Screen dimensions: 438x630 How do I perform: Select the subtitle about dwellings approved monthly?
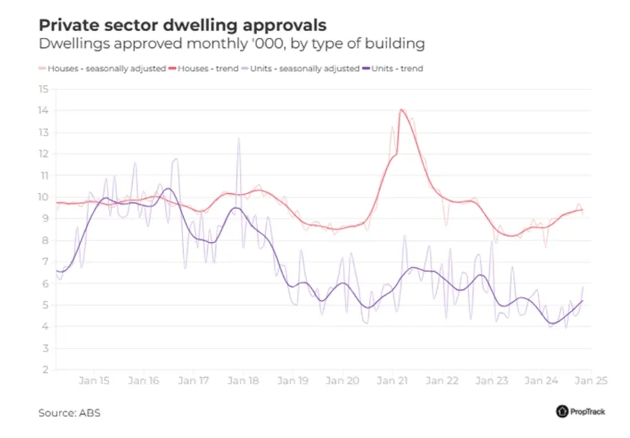click(231, 44)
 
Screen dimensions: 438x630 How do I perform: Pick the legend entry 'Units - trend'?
click(395, 69)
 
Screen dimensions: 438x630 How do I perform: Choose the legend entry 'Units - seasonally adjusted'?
click(304, 69)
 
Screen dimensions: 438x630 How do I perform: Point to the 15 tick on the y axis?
click(43, 89)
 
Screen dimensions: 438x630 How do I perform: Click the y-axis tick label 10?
click(43, 197)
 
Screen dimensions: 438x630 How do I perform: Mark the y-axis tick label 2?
click(45, 370)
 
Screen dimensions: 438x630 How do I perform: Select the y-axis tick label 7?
click(45, 261)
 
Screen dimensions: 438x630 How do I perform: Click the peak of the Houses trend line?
click(401, 110)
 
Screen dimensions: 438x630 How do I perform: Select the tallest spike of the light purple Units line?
click(238, 138)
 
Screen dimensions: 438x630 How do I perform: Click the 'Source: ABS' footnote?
click(70, 413)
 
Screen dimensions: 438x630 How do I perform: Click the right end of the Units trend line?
click(582, 301)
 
